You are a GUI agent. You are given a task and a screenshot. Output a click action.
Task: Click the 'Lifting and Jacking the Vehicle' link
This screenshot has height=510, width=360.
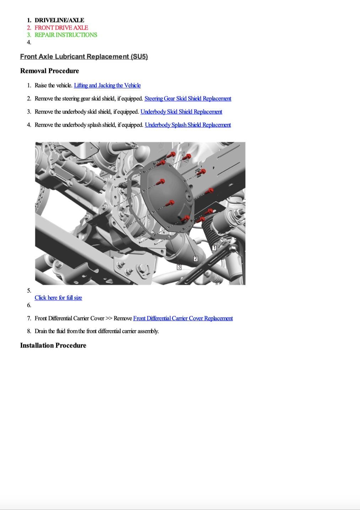point(107,85)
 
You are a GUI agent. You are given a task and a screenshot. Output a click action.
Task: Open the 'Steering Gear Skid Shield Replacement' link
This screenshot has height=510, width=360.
point(188,99)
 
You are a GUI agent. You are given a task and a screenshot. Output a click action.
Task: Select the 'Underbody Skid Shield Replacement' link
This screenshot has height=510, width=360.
point(181,112)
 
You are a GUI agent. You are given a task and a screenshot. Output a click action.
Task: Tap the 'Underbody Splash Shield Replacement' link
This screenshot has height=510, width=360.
point(188,125)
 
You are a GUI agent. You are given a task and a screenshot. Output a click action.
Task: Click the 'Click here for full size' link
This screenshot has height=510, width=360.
point(58,298)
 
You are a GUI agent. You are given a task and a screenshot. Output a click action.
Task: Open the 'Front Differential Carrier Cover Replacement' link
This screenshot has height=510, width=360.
point(183,318)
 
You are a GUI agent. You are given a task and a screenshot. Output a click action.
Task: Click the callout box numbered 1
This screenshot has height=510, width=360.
point(214,248)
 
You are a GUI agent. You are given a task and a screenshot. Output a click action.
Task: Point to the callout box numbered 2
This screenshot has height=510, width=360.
point(196,259)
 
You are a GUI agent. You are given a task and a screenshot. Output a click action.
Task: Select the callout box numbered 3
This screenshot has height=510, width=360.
point(179,267)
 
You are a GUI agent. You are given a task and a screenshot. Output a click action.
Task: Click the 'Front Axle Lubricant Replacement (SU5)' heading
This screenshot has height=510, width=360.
point(84,57)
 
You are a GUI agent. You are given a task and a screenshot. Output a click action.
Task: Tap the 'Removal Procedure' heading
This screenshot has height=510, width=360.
point(50,71)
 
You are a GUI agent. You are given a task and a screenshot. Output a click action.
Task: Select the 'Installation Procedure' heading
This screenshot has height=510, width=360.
point(53,345)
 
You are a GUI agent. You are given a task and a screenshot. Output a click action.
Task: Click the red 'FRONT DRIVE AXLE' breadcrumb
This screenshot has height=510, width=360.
point(61,27)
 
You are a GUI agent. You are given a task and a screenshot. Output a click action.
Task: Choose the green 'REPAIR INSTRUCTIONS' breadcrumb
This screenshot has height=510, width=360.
point(66,35)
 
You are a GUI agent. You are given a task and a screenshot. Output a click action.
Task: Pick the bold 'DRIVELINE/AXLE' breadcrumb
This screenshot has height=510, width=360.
point(59,20)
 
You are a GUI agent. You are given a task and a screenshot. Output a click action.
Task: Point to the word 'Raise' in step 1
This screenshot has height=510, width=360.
point(41,85)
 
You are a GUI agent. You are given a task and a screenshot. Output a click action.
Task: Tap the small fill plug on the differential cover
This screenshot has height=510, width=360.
point(189,197)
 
